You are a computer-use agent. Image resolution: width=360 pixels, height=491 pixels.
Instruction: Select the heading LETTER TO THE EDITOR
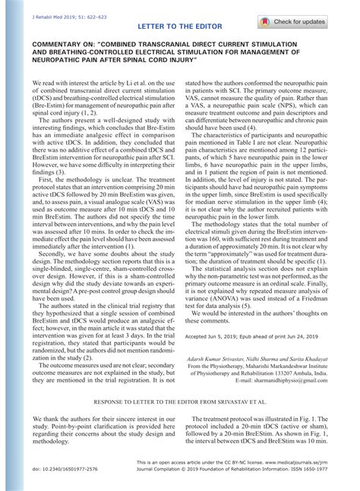click(180, 27)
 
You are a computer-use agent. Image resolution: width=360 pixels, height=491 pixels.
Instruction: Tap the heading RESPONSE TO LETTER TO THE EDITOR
click(179, 397)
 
